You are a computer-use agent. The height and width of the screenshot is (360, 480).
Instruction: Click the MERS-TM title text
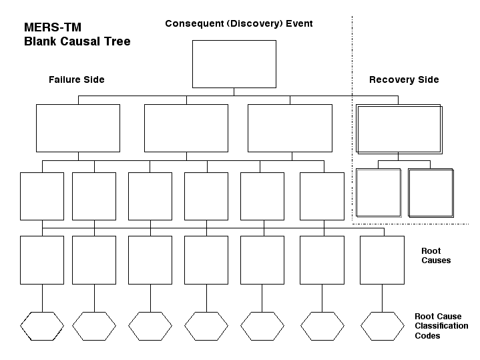coord(53,27)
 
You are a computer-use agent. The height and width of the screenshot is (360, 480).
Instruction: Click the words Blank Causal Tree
coord(77,41)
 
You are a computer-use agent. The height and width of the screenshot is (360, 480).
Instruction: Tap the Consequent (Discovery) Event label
coord(239,23)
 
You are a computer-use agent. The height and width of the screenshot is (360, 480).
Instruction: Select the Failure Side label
coord(77,79)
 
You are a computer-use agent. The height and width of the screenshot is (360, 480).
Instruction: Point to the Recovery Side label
coord(404,79)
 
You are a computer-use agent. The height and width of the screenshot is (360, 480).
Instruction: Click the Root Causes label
coord(436,256)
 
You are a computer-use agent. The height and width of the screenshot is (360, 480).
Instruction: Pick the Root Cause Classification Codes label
coord(441,326)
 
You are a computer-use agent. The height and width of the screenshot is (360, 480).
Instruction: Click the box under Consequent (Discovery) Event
coord(234,40)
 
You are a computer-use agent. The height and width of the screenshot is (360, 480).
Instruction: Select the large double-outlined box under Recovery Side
coord(399,104)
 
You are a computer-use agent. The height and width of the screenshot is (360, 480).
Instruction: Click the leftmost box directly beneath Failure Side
coord(78,104)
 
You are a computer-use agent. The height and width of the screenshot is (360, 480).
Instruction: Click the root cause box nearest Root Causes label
coord(382,236)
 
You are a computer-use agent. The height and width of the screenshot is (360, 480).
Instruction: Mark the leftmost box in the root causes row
coord(42,236)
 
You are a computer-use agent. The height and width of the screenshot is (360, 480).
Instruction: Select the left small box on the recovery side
coord(379,169)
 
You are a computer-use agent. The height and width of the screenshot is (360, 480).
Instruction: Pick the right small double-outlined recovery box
coord(431,169)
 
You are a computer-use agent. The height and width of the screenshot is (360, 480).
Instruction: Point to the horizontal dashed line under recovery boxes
coord(411,224)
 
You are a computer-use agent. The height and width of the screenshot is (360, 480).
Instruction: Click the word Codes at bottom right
coord(427,336)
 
